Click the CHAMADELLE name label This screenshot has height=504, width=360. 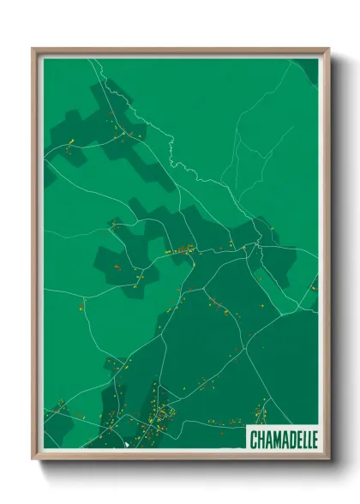click(283, 438)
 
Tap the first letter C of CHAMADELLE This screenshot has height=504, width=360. click(254, 439)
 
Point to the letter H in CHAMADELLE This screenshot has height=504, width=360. click(261, 439)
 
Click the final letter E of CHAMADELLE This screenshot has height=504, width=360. click(315, 439)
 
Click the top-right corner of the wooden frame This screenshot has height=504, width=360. click(328, 49)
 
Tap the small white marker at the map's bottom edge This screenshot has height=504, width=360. click(126, 445)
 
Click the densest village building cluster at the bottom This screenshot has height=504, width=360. click(159, 417)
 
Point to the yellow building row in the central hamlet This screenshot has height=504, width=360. click(182, 252)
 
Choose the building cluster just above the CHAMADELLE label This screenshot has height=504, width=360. click(261, 414)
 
